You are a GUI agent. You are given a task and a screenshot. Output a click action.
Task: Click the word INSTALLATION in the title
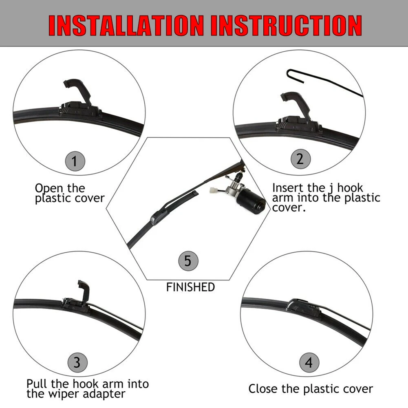pos(126,25)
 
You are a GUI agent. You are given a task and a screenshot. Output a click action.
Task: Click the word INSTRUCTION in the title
pos(286,25)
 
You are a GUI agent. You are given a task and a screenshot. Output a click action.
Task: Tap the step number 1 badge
pos(75,161)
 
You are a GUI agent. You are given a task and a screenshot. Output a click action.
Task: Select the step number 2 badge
pos(300,159)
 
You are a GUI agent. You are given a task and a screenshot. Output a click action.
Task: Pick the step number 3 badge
pos(77,362)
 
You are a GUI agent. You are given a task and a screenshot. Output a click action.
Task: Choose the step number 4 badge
pos(309,362)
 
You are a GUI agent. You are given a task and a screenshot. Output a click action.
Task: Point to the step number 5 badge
pos(188,261)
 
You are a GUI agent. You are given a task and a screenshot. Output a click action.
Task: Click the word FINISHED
pos(190,287)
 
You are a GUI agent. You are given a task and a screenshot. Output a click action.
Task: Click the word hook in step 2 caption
pos(350,188)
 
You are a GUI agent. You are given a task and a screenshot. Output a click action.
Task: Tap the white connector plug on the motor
pos(213,190)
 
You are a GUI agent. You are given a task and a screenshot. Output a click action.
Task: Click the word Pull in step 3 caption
pos(37,384)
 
